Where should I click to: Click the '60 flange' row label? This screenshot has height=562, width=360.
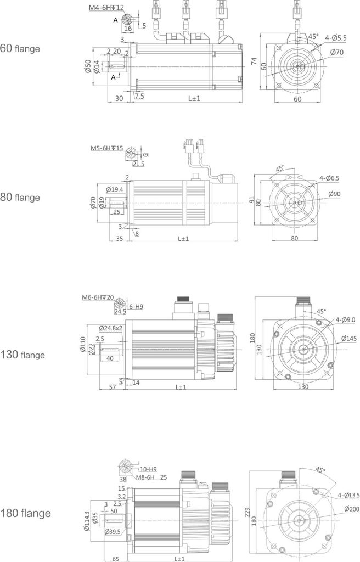tap(20, 48)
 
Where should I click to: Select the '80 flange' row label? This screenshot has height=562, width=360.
tap(20, 196)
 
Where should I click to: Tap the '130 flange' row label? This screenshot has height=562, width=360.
tap(23, 355)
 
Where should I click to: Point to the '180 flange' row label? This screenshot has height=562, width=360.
tap(26, 514)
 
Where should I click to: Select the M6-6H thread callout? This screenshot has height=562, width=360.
tap(98, 297)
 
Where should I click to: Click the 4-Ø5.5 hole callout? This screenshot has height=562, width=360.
tap(335, 38)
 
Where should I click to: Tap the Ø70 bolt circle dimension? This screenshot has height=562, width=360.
tap(336, 52)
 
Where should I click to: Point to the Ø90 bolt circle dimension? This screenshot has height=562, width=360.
tap(336, 194)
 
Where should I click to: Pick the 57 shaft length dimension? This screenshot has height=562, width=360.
tap(112, 387)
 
